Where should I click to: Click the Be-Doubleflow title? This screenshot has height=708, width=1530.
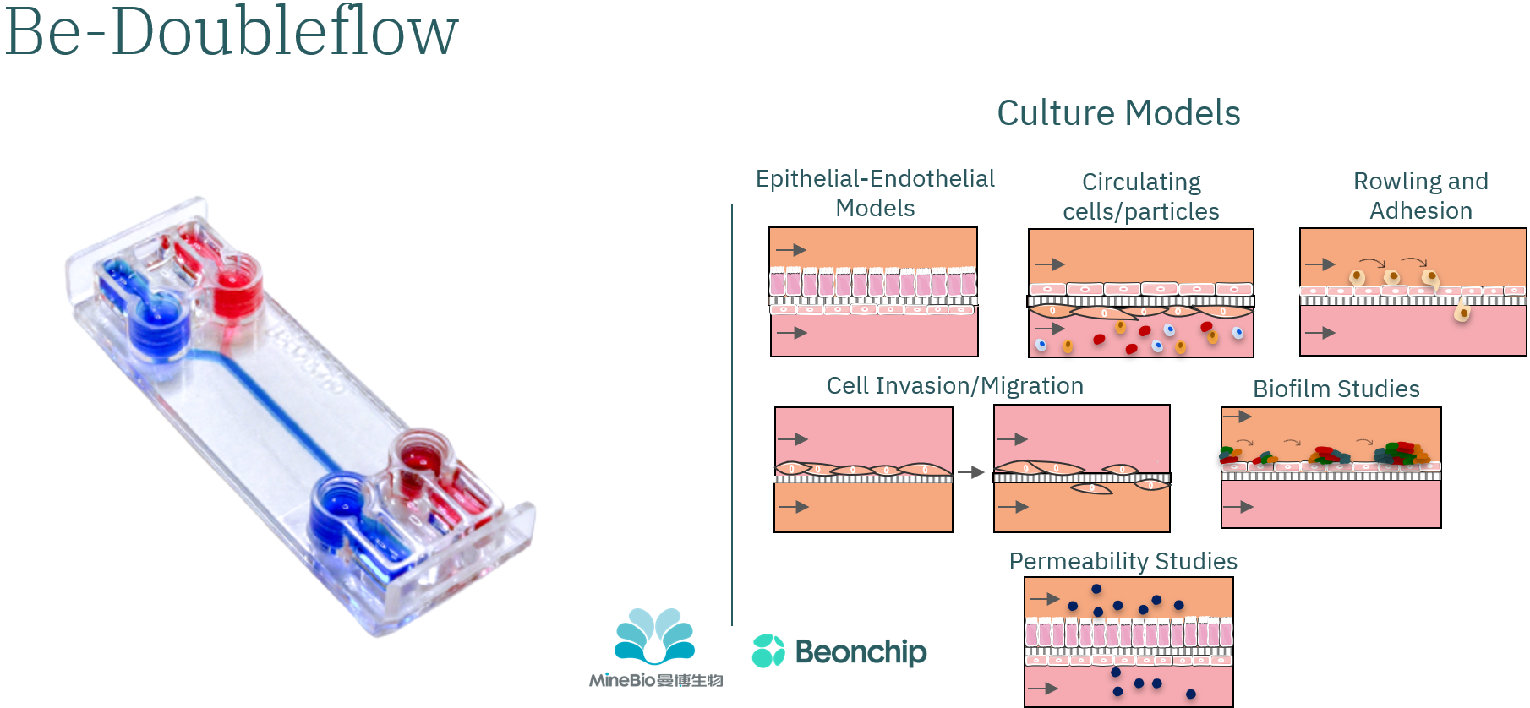point(231,32)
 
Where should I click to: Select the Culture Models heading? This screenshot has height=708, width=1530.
point(1117,112)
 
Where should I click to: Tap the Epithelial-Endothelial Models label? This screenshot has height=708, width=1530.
point(875,193)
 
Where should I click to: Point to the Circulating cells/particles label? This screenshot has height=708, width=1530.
point(1141,197)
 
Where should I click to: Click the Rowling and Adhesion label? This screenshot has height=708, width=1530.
point(1420,196)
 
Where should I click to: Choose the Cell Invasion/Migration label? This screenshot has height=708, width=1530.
point(954,386)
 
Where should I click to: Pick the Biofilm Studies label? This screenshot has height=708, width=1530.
point(1336,389)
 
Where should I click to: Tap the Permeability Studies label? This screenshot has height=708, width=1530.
point(1123,561)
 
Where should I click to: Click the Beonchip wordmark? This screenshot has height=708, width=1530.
point(861,652)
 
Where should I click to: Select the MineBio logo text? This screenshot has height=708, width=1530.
point(656,681)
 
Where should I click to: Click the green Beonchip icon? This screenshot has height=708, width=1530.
point(768,651)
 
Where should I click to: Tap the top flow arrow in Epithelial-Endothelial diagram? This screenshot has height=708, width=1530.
point(791,250)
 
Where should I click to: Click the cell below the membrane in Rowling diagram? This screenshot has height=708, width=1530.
point(1462,313)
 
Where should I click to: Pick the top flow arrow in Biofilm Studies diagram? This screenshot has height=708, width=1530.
point(1238,417)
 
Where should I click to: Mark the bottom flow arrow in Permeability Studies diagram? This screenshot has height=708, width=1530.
point(1044,689)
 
